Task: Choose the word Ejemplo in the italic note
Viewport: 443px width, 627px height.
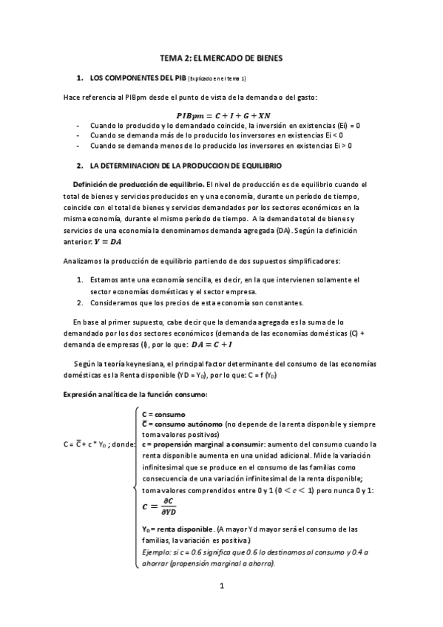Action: click(158, 552)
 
